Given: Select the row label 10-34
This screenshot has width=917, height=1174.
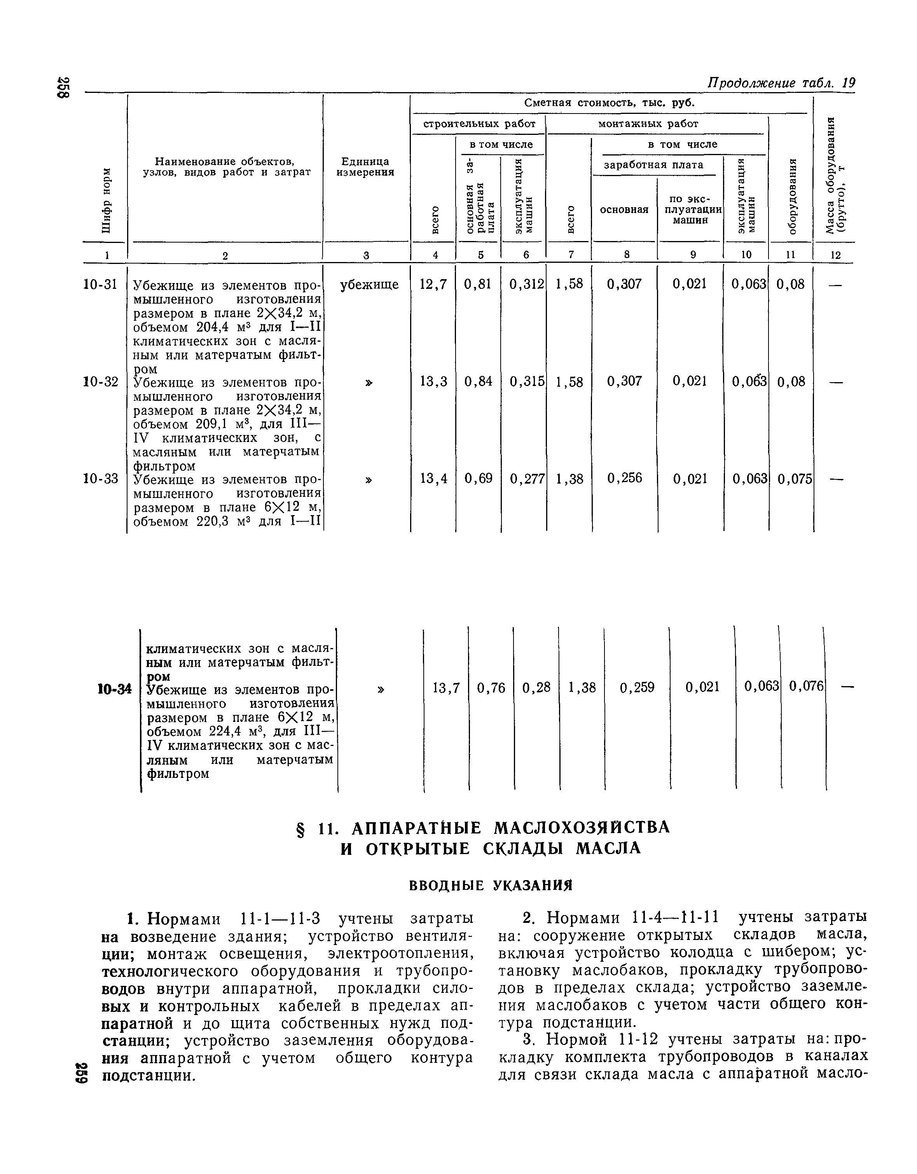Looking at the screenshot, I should pos(115,688).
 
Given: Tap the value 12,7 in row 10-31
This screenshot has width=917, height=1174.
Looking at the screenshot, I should pos(433,284).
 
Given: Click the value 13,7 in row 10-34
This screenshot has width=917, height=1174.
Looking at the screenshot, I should pos(446,688).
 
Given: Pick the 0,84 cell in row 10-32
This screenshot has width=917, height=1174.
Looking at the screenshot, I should pos(479,382).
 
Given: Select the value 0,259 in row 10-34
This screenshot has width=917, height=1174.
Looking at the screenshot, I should pos(637,688).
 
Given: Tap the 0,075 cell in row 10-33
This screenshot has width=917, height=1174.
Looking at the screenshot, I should pos(795,479).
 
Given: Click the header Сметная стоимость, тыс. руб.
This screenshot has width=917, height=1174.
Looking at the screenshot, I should pos(610,103).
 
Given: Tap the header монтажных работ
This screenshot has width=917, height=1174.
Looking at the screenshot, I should pos(648,124).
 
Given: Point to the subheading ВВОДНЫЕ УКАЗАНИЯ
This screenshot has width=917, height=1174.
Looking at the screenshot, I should pos(491,885).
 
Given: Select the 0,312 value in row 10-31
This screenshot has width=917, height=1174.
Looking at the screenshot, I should pos(526,284).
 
